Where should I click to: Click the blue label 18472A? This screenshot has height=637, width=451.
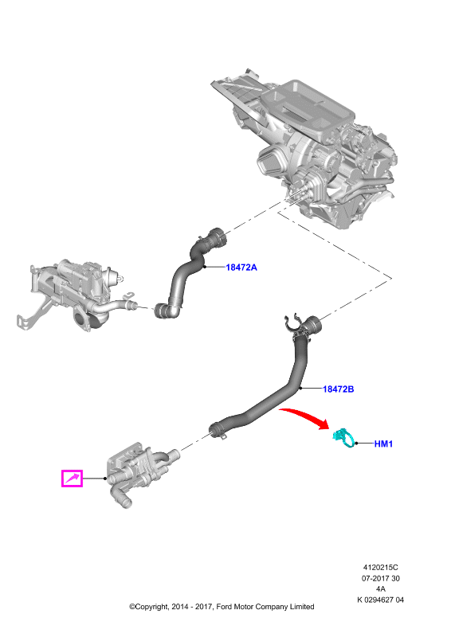click(241, 268)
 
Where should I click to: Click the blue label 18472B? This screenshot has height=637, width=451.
click(338, 389)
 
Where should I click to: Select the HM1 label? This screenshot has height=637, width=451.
click(383, 444)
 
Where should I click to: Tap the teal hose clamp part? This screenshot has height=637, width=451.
click(344, 440)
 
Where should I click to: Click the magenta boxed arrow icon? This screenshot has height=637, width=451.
click(72, 479)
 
